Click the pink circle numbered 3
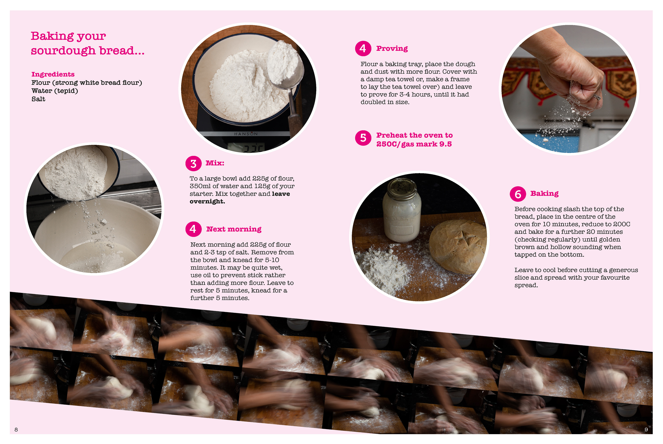point(193,163)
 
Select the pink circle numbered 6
point(518,194)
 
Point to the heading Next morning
point(234,229)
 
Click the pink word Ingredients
point(53,74)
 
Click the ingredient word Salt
point(38,99)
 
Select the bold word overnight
point(207,201)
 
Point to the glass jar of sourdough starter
point(402,210)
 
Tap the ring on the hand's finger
point(597,97)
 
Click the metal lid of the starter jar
point(402,188)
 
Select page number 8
point(16,429)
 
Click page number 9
point(646,429)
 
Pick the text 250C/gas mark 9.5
point(414,144)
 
